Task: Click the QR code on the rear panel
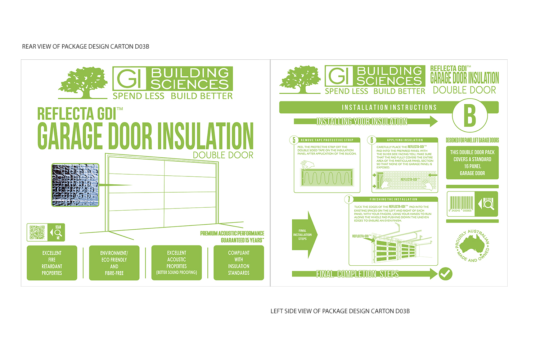[37, 232]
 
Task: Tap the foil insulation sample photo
[75, 185]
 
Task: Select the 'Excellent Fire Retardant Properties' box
[52, 263]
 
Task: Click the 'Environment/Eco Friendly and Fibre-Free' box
[114, 263]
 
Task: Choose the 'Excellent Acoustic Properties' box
[176, 263]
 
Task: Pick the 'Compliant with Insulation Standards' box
[239, 263]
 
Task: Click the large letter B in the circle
[470, 116]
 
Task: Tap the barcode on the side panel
[461, 204]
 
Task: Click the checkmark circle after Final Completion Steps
[446, 274]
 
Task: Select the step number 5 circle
[294, 140]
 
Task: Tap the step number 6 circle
[372, 140]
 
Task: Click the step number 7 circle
[348, 199]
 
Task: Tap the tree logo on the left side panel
[300, 80]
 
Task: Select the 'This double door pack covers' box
[472, 163]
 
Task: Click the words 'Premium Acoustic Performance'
[232, 233]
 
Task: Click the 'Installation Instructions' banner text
[389, 107]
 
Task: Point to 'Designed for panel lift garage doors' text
[472, 140]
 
